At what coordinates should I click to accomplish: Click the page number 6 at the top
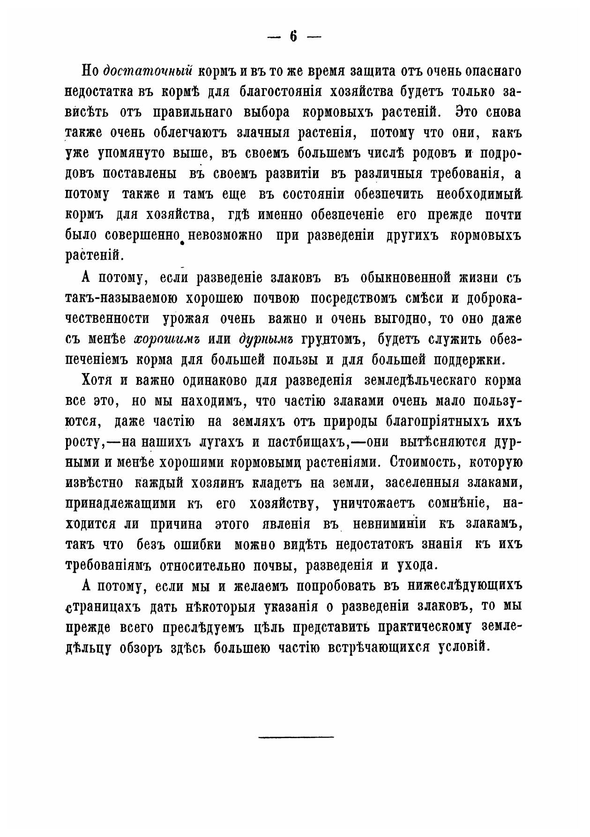(294, 37)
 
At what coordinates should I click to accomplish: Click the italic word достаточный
(149, 72)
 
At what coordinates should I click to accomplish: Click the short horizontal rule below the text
(296, 738)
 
